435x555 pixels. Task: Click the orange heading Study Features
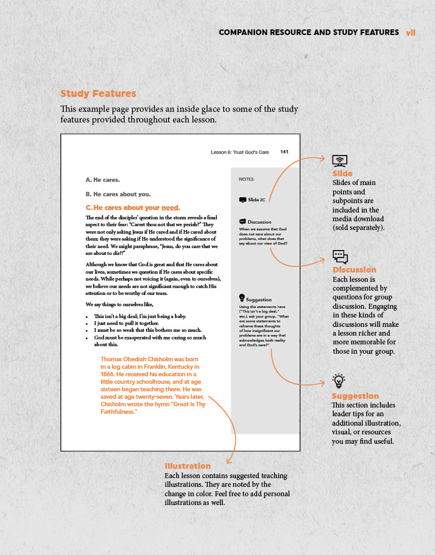pyautogui.click(x=98, y=94)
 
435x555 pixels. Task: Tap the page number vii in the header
pyautogui.click(x=411, y=32)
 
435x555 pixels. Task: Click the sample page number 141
pyautogui.click(x=284, y=152)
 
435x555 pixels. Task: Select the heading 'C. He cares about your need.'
pyautogui.click(x=132, y=207)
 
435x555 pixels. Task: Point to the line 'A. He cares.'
pyautogui.click(x=102, y=179)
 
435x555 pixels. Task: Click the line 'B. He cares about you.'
pyautogui.click(x=117, y=194)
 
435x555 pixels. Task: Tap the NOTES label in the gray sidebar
pyautogui.click(x=246, y=179)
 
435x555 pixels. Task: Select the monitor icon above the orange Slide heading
pyautogui.click(x=339, y=161)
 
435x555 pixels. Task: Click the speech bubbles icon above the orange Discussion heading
pyautogui.click(x=340, y=257)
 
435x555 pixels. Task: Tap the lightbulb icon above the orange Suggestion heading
pyautogui.click(x=339, y=380)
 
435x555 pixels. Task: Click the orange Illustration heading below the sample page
pyautogui.click(x=187, y=466)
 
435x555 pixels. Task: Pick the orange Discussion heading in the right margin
pyautogui.click(x=354, y=270)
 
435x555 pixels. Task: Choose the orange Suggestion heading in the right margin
pyautogui.click(x=355, y=396)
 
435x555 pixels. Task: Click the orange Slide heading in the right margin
pyautogui.click(x=342, y=174)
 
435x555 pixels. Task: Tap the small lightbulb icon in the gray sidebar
pyautogui.click(x=242, y=298)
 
